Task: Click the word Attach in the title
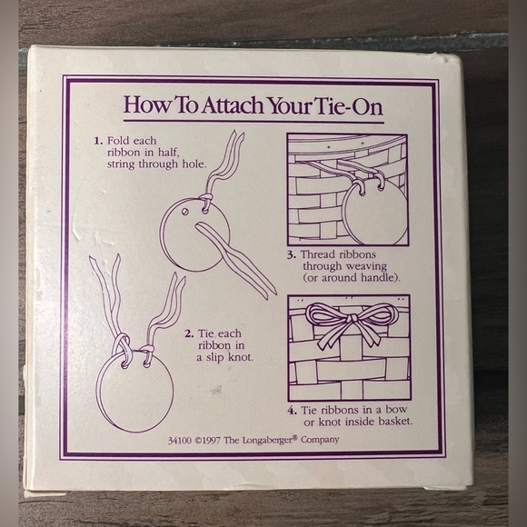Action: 232,105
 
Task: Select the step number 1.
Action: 98,141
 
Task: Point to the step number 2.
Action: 189,333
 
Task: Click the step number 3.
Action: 292,255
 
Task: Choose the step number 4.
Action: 292,411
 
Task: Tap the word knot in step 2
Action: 240,357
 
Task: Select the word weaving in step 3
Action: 366,267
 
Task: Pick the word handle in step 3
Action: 379,278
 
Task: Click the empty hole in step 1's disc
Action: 184,212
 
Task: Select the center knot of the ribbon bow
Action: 352,318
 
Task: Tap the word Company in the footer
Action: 320,441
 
